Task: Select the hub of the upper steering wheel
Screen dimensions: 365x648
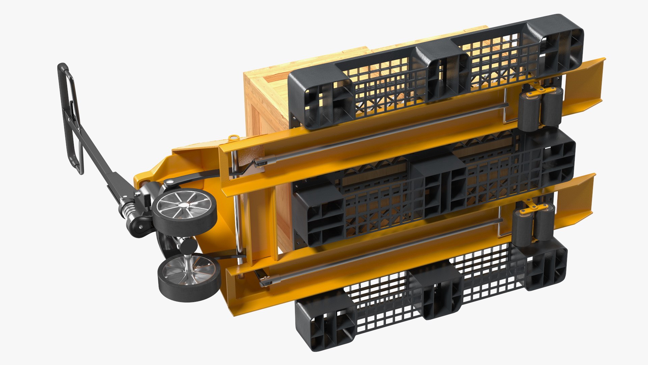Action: [x=184, y=205]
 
